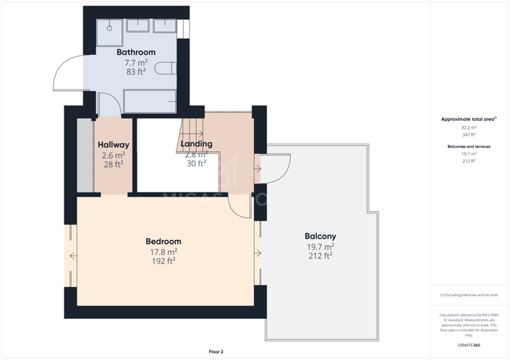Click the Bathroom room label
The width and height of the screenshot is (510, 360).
(x=136, y=52)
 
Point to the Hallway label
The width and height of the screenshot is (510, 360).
(x=114, y=145)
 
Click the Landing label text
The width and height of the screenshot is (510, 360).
(x=196, y=144)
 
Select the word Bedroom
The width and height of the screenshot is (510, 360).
(x=163, y=241)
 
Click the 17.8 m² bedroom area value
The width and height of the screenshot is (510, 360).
(x=163, y=252)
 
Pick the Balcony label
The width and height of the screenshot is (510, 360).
(x=320, y=236)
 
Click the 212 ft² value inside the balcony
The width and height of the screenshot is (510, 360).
(x=320, y=256)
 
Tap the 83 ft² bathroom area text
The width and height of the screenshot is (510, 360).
(x=136, y=72)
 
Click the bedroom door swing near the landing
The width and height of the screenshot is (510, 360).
(x=239, y=205)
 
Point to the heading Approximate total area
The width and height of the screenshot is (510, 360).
(x=469, y=119)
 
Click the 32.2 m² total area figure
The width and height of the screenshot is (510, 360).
(x=469, y=127)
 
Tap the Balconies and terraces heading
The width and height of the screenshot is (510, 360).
(x=469, y=147)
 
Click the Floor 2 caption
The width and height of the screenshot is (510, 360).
(x=216, y=351)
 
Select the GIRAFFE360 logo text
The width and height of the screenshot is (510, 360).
(x=469, y=346)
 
